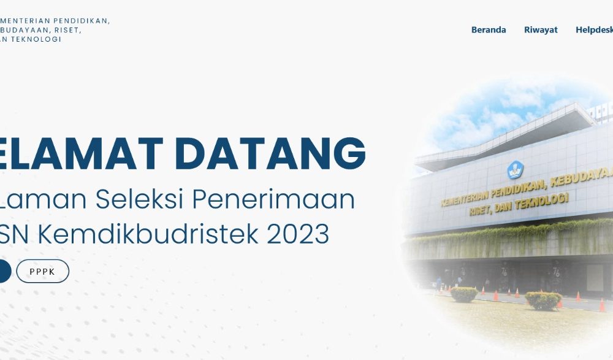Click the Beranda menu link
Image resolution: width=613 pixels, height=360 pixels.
click(x=489, y=29)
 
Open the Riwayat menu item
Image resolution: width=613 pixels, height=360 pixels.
click(x=541, y=29)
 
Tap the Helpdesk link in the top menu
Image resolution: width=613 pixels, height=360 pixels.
click(x=593, y=29)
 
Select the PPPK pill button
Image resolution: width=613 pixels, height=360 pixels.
click(x=42, y=271)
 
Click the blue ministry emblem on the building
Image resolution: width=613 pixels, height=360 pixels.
click(x=514, y=169)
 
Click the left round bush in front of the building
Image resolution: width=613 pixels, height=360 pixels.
click(x=464, y=294)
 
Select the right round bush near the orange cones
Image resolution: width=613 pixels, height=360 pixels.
click(x=543, y=300)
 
